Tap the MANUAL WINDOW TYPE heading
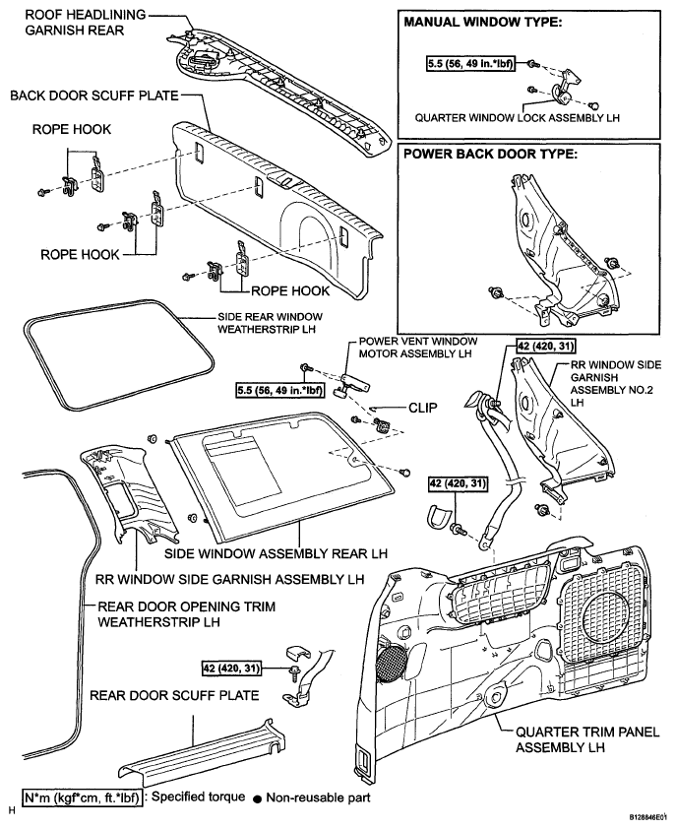click(479, 23)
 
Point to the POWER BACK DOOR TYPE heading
click(486, 154)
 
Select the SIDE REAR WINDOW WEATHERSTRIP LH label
click(267, 323)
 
